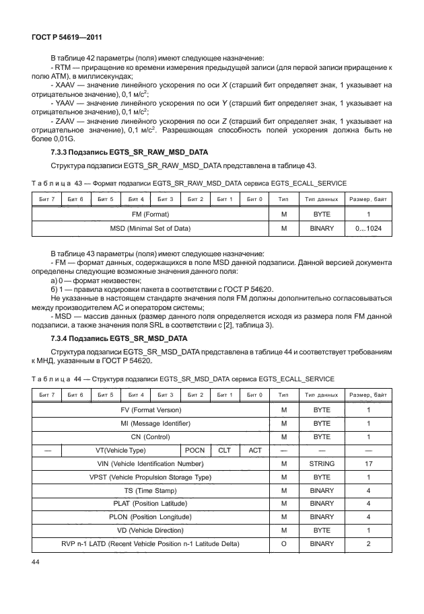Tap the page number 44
pyautogui.click(x=36, y=560)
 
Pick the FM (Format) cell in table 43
pyautogui.click(x=150, y=214)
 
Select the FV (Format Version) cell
pyautogui.click(x=150, y=410)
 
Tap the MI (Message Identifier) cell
pyautogui.click(x=150, y=424)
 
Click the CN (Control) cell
pyautogui.click(x=150, y=437)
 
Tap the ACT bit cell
pyautogui.click(x=255, y=450)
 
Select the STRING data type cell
pyautogui.click(x=322, y=463)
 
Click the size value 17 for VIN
pyautogui.click(x=368, y=463)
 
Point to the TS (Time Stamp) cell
pyautogui.click(x=150, y=490)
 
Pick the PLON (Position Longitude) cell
pyautogui.click(x=150, y=516)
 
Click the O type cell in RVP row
pyautogui.click(x=284, y=543)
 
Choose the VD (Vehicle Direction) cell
pyautogui.click(x=150, y=530)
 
